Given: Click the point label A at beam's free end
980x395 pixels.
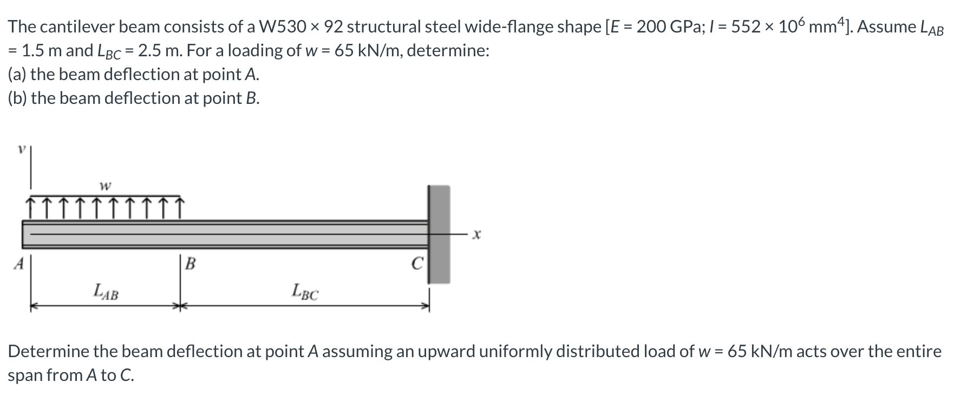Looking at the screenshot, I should (19, 264).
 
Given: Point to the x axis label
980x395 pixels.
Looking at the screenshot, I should (476, 235).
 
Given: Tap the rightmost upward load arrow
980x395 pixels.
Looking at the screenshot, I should (180, 207).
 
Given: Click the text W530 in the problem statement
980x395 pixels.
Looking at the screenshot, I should (284, 27).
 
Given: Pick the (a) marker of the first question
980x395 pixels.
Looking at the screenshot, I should (17, 75).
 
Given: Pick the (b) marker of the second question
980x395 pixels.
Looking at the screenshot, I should (17, 98).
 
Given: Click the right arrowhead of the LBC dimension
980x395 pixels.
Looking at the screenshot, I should (426, 307).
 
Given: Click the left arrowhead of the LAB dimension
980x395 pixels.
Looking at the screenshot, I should (34, 307).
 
